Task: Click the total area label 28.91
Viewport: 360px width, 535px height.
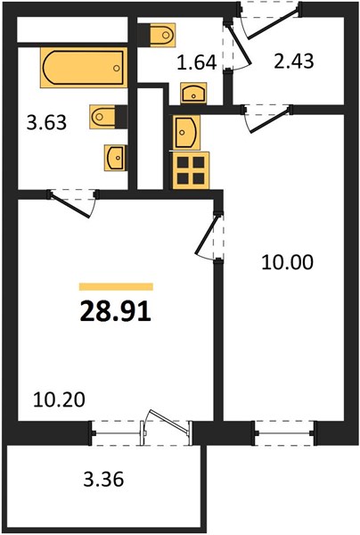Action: [x=116, y=312]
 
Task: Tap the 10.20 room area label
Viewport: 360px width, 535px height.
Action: [x=59, y=399]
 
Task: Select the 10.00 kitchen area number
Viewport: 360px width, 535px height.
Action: [x=287, y=263]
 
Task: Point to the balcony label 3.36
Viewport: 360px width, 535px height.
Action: [x=103, y=480]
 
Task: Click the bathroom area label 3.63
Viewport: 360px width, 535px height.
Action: [x=46, y=122]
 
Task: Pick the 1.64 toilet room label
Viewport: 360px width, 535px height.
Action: [x=197, y=62]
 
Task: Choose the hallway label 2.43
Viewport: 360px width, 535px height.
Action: [x=294, y=62]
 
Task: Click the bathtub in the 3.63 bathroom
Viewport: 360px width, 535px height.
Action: [x=84, y=68]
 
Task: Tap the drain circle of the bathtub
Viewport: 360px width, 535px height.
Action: [x=117, y=68]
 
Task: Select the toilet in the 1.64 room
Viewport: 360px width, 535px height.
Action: [x=157, y=35]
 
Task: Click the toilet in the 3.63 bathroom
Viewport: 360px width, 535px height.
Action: [x=109, y=117]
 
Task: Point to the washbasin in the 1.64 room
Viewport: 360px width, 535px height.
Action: [x=193, y=93]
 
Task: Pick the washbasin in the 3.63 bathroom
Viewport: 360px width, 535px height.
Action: [x=115, y=158]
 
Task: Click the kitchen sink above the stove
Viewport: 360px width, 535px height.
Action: [x=186, y=132]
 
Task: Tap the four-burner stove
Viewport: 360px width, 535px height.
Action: [x=191, y=170]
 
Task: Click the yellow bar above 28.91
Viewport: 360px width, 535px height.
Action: [x=116, y=286]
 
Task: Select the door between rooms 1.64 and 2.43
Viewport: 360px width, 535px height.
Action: [x=238, y=47]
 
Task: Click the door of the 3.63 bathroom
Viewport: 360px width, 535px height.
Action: [x=72, y=204]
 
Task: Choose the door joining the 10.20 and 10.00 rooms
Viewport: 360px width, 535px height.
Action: [x=209, y=237]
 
